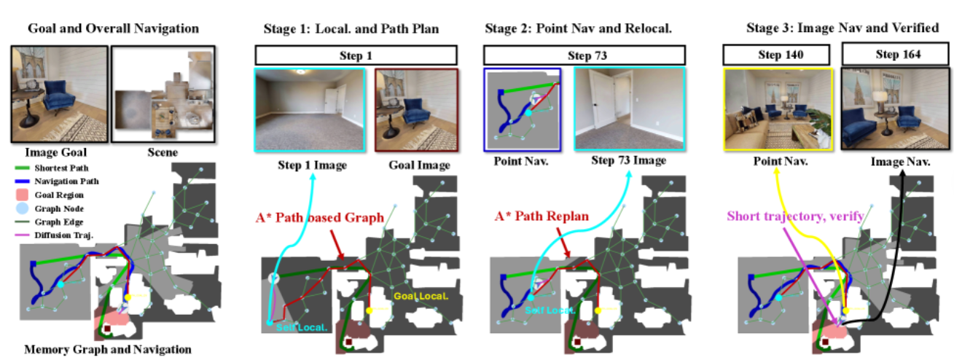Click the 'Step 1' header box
pos(356,55)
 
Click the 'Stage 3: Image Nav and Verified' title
pos(842,28)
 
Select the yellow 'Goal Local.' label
pos(421,297)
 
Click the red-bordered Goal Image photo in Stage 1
pos(416,110)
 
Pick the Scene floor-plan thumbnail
pos(162,94)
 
